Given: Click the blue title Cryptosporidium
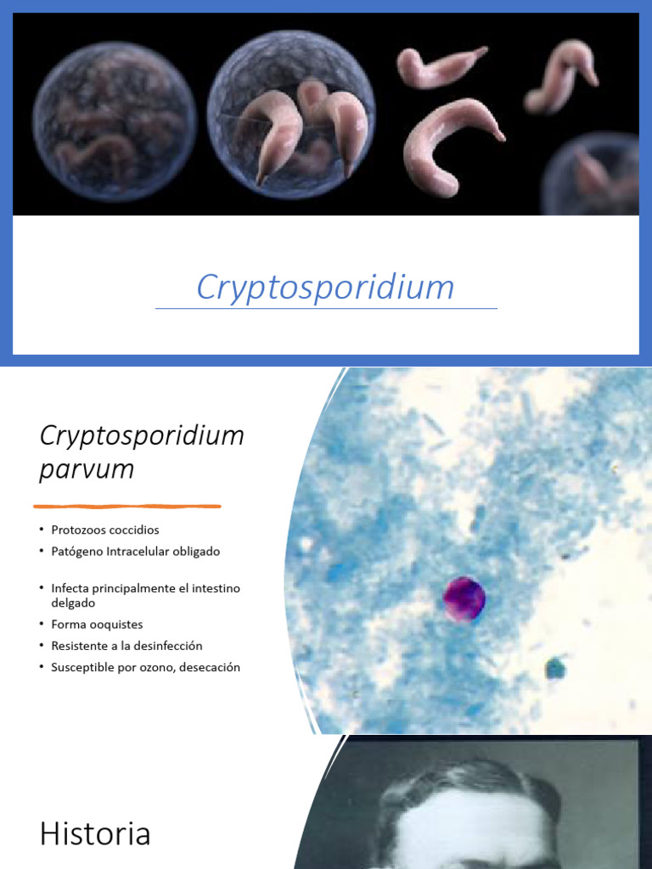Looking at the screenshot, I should (x=325, y=288).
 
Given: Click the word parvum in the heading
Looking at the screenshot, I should (x=87, y=469).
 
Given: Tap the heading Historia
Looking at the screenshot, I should (x=95, y=834).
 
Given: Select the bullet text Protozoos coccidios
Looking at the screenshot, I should (x=104, y=530).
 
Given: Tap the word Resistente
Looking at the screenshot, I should (x=80, y=646).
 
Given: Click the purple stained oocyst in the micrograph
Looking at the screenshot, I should (x=464, y=599).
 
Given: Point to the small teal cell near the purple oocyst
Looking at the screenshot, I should (x=555, y=669).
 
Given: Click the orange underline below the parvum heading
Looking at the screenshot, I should (x=126, y=507).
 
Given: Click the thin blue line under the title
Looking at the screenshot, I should (x=326, y=309).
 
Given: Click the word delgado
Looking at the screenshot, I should (x=73, y=603).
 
